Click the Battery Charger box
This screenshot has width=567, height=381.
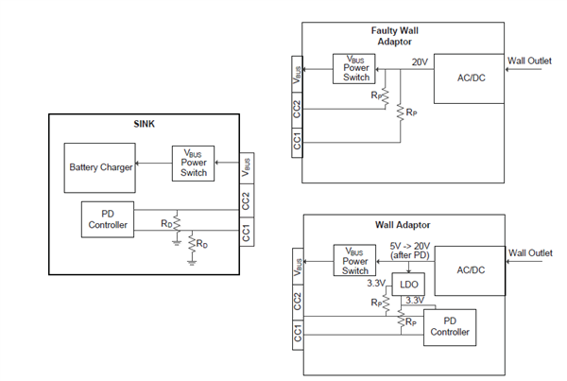click(97, 167)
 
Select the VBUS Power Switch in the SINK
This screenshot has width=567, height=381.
click(193, 163)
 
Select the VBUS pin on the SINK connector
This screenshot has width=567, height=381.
click(247, 166)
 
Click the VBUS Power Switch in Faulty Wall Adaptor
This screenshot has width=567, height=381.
click(353, 68)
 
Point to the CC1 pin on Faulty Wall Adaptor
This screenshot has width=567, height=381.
click(297, 142)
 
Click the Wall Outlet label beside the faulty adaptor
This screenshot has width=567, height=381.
click(529, 62)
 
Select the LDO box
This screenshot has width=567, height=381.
click(409, 283)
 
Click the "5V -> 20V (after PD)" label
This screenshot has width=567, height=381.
click(408, 251)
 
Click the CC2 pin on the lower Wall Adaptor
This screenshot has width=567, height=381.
click(297, 300)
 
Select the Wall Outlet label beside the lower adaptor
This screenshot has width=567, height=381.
click(529, 252)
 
